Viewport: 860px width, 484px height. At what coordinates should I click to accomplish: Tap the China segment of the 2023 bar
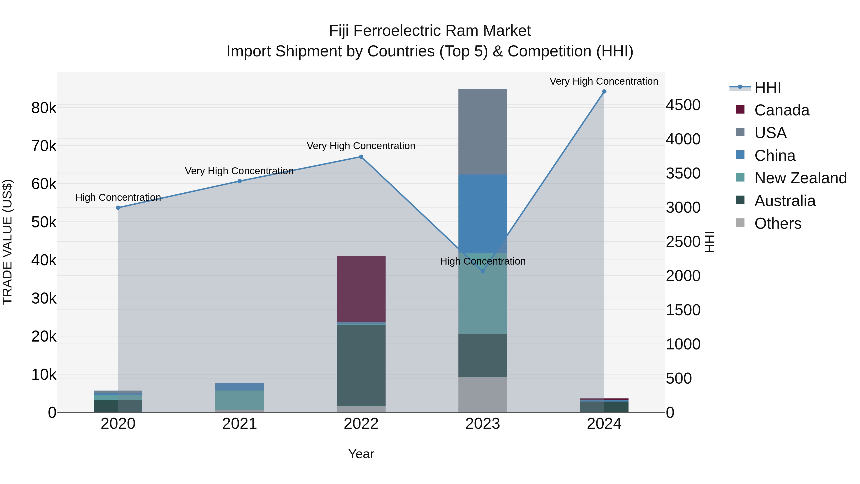pos(482,214)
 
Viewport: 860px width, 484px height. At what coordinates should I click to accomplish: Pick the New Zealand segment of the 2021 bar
pos(239,400)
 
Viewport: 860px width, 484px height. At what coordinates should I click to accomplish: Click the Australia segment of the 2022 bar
pos(361,365)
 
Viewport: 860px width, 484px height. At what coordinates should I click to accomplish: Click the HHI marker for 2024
pos(604,92)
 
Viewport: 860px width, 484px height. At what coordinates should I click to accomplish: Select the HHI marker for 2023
pos(482,272)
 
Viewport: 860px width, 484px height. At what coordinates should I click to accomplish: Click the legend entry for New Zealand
pos(800,178)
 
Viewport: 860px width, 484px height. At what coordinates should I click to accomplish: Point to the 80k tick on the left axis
pos(44,108)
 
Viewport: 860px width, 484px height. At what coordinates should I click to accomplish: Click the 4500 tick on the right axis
pos(683,105)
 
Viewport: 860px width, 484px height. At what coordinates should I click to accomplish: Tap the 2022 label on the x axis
pos(361,424)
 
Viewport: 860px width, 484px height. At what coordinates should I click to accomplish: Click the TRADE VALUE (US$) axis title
pos(7,242)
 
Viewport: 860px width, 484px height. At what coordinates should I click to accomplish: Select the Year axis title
pos(361,454)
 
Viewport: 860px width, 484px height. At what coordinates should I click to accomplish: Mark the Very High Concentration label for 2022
pos(361,146)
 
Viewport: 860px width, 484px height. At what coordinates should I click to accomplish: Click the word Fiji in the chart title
pos(339,31)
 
